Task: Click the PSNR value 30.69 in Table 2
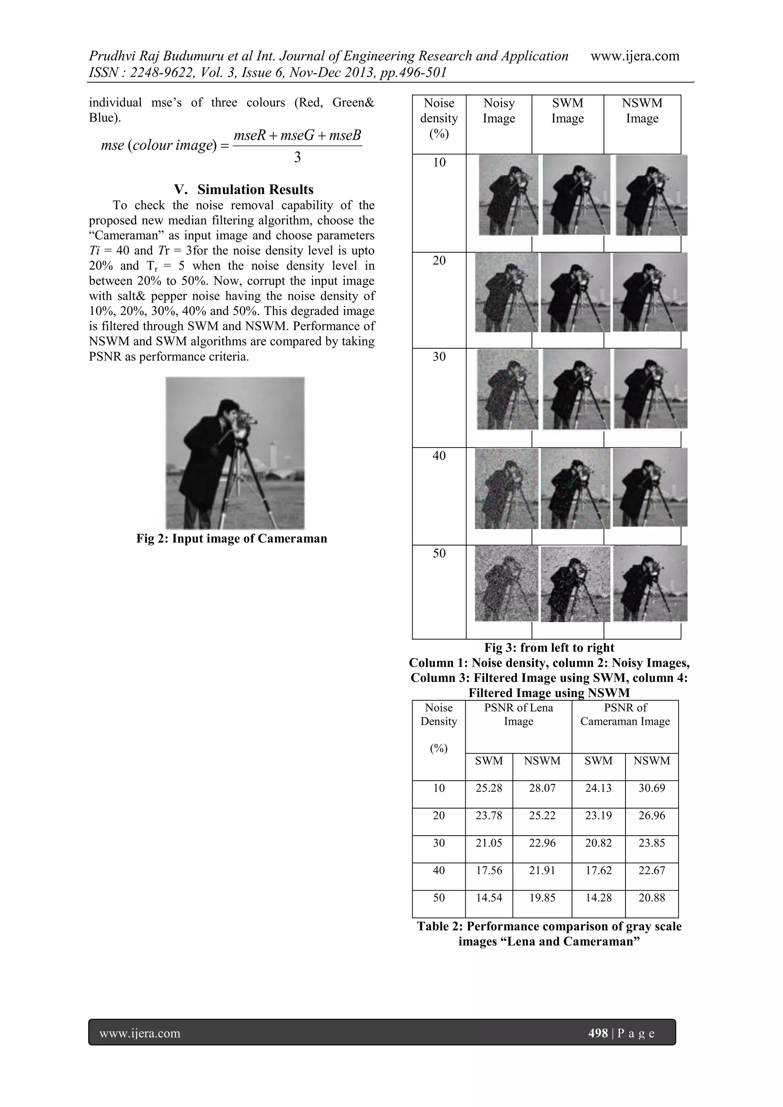pyautogui.click(x=651, y=788)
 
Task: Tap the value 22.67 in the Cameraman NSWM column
pyautogui.click(x=651, y=870)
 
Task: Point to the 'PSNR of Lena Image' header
pyautogui.click(x=518, y=714)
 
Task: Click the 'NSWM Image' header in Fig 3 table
pyautogui.click(x=642, y=111)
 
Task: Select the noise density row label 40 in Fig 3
pyautogui.click(x=439, y=456)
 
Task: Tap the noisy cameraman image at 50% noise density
pyautogui.click(x=506, y=583)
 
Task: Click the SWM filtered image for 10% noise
pyautogui.click(x=576, y=195)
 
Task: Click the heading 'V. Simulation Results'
pyautogui.click(x=244, y=190)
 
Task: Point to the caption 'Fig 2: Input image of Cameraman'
pyautogui.click(x=231, y=539)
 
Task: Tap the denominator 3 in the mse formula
pyautogui.click(x=297, y=157)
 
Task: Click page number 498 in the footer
pyautogui.click(x=598, y=1033)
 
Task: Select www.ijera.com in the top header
pyautogui.click(x=635, y=57)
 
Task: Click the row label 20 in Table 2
pyautogui.click(x=439, y=816)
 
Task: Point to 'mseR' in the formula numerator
pyautogui.click(x=249, y=136)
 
